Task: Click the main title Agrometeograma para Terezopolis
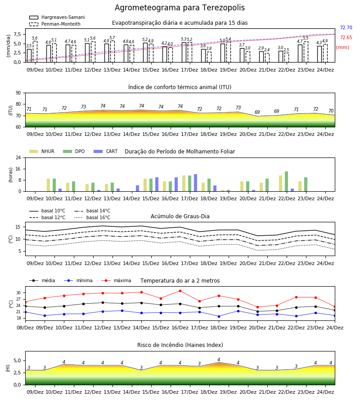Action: pyautogui.click(x=180, y=8)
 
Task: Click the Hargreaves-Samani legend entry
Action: pyautogui.click(x=57, y=17)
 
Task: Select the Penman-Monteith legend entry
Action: pyautogui.click(x=55, y=24)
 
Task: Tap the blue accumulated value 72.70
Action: pyautogui.click(x=346, y=27)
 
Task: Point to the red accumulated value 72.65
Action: pyautogui.click(x=346, y=37)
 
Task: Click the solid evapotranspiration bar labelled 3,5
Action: pyautogui.click(x=29, y=55)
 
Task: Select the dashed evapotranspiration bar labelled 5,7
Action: pyautogui.click(x=112, y=51)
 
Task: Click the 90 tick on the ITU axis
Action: pyautogui.click(x=18, y=93)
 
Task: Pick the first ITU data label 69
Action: pyautogui.click(x=257, y=112)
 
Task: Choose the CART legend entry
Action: pyautogui.click(x=106, y=151)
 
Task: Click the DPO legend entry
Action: pyautogui.click(x=74, y=151)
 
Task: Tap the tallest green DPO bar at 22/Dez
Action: pyautogui.click(x=286, y=181)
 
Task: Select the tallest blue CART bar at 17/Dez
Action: pyautogui.click(x=195, y=183)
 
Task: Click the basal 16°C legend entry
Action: pyautogui.click(x=92, y=217)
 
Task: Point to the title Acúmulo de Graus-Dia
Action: pyautogui.click(x=180, y=216)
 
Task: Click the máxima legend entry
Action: pyautogui.click(x=116, y=280)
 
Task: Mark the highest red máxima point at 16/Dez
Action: pyautogui.click(x=180, y=291)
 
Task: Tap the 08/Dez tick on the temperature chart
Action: pyautogui.click(x=25, y=328)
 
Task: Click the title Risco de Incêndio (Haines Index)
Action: pyautogui.click(x=180, y=345)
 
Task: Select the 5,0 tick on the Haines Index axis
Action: pyautogui.click(x=17, y=360)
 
